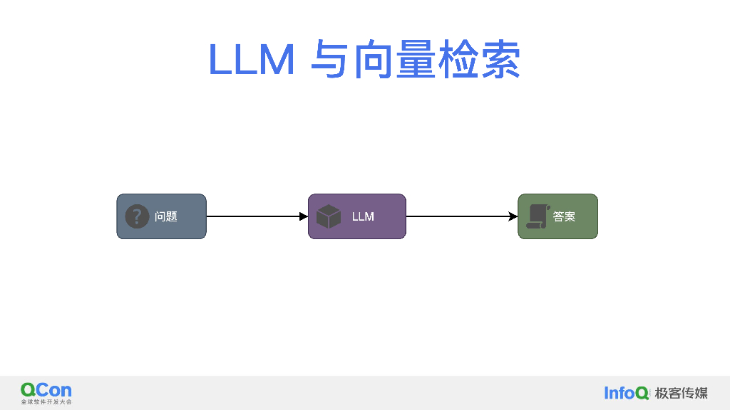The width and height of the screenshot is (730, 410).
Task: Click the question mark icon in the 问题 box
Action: [x=137, y=216]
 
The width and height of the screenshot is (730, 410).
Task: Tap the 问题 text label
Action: [x=166, y=216]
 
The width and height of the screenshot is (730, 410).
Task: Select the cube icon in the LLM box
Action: [x=329, y=216]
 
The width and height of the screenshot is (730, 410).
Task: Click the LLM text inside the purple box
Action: [x=363, y=216]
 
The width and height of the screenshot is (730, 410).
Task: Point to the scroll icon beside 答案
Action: [x=538, y=216]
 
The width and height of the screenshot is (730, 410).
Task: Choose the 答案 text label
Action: [x=564, y=216]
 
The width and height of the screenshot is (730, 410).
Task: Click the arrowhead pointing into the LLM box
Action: [x=304, y=216]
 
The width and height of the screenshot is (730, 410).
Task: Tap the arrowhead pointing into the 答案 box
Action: [x=513, y=216]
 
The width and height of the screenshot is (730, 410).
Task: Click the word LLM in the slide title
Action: [x=252, y=60]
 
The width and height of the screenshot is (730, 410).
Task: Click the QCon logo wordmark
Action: [x=46, y=390]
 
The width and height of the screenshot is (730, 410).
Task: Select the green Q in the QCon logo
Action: [x=28, y=390]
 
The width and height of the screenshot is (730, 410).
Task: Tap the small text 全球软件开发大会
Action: [x=46, y=402]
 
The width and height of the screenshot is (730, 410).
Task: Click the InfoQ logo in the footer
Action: [x=627, y=393]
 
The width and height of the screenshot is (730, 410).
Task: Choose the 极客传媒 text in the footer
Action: [x=682, y=393]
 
